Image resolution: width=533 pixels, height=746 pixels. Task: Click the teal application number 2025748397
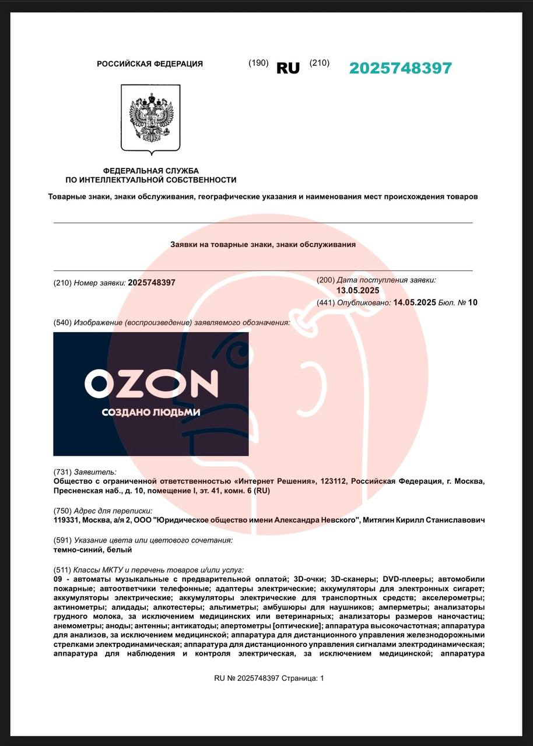(400, 68)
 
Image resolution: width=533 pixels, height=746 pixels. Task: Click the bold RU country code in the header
(287, 68)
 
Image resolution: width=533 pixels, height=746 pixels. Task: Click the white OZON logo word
(151, 383)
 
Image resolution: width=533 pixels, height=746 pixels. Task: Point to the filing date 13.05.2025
(357, 290)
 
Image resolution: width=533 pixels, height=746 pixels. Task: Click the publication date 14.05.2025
(415, 302)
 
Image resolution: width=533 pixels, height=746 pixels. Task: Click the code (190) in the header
(258, 63)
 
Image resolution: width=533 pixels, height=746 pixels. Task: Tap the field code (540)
(62, 322)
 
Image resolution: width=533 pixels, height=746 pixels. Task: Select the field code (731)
(62, 472)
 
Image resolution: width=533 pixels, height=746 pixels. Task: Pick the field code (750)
(62, 511)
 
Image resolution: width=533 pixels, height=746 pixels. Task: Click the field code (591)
(62, 540)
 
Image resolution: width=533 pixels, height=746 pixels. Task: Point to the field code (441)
(325, 302)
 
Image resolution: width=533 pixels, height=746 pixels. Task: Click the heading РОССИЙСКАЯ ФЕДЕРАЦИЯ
(150, 64)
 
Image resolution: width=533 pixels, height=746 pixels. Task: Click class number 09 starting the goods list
(58, 579)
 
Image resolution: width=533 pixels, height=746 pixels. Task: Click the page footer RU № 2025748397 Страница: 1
(269, 678)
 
